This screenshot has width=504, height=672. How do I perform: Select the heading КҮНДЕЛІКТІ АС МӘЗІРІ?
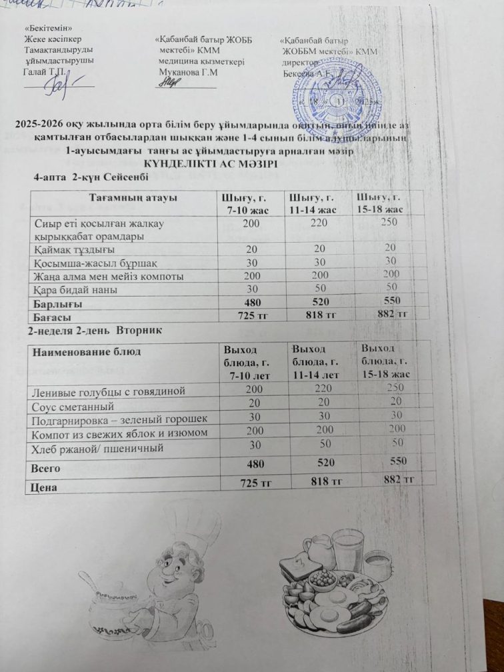click(x=211, y=164)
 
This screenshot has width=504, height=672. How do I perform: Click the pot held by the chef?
click(x=119, y=607)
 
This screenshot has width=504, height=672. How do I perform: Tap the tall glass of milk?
click(x=345, y=546)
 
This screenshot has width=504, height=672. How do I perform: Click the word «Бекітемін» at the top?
click(x=48, y=29)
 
